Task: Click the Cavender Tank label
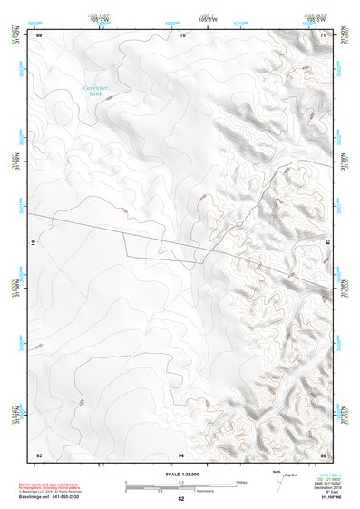tap(96, 91)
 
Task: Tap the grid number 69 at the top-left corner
tap(39, 35)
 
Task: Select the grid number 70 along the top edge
tap(182, 35)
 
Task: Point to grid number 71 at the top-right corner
tap(324, 35)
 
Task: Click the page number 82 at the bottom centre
tap(181, 500)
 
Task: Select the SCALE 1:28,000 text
tap(180, 474)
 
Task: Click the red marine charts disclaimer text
tap(54, 486)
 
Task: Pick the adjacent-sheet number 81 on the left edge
tap(34, 243)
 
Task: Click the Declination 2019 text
tap(328, 488)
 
